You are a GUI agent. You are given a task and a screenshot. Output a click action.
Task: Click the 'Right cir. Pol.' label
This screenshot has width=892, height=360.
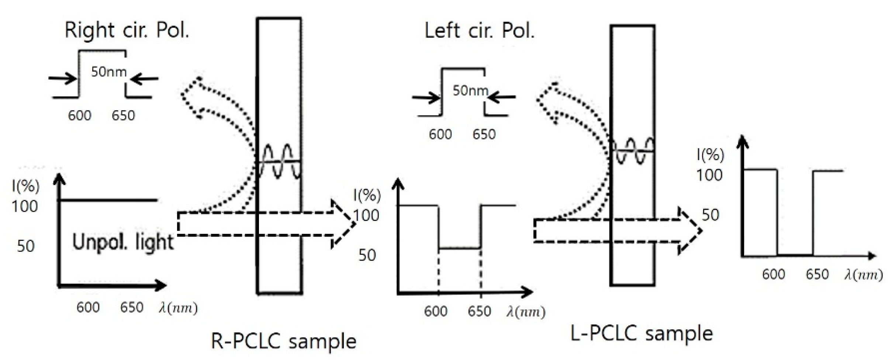click(x=127, y=30)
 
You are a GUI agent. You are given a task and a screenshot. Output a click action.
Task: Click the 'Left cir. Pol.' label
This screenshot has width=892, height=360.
click(x=479, y=31)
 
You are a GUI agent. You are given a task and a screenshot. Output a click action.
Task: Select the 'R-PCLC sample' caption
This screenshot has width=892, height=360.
click(x=283, y=341)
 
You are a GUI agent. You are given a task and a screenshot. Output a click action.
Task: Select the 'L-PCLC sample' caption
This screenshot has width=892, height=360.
click(x=642, y=333)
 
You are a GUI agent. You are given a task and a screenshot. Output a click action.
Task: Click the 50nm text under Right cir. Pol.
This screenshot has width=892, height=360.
click(x=109, y=72)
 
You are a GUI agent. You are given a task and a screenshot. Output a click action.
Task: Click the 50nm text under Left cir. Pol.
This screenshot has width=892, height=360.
click(x=470, y=90)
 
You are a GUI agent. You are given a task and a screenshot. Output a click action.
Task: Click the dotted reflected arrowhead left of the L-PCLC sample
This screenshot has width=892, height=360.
click(x=548, y=101)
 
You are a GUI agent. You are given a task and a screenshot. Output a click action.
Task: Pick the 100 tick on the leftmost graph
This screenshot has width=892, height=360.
click(x=25, y=206)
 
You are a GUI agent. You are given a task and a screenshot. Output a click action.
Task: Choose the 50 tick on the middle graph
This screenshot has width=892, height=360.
click(x=367, y=255)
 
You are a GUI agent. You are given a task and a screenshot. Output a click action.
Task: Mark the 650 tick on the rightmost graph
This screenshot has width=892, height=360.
click(x=817, y=274)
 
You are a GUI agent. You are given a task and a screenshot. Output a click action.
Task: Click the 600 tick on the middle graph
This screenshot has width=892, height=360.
click(x=436, y=312)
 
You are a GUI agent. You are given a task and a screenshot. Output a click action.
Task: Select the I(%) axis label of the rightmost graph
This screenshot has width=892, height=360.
click(x=710, y=155)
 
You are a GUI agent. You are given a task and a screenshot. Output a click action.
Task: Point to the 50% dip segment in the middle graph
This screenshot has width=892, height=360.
click(x=459, y=248)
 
